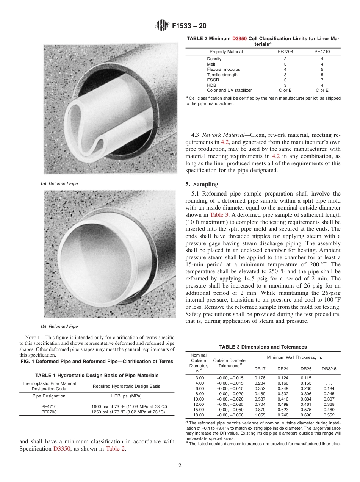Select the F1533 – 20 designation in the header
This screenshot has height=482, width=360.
189,26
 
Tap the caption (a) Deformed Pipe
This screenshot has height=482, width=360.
60,183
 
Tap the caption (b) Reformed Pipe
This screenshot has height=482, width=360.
60,326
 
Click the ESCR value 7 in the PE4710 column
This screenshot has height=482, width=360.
322,80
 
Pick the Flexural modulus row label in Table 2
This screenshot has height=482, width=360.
223,70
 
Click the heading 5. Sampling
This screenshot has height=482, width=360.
202,185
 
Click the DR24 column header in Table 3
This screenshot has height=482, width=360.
283,369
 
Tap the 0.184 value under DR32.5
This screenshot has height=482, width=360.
329,388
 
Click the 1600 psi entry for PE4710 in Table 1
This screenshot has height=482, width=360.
129,407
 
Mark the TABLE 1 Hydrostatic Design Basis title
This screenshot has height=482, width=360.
97,376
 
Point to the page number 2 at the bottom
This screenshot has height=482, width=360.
180,466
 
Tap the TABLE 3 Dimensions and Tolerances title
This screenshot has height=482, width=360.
263,347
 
